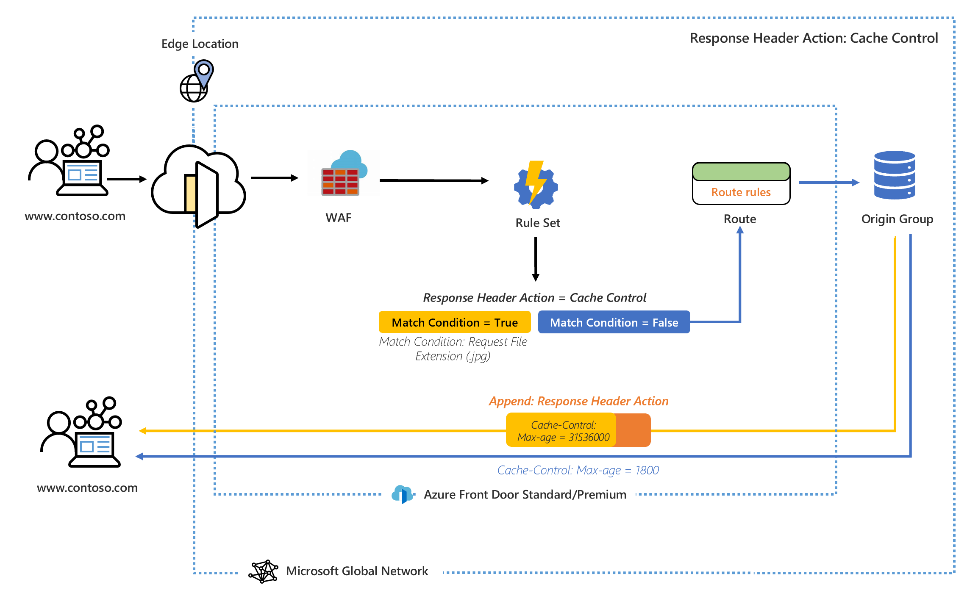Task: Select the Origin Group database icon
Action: click(x=895, y=175)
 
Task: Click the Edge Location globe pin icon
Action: click(x=197, y=81)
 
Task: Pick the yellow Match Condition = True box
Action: click(x=454, y=322)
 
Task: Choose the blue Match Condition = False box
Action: click(x=614, y=322)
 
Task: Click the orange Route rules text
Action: click(x=741, y=192)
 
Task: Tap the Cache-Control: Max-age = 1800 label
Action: click(x=578, y=470)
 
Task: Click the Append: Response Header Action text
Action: click(x=578, y=401)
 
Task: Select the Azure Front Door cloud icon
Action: click(x=402, y=494)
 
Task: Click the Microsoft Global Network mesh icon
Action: click(x=263, y=571)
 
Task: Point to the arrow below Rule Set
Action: click(x=536, y=259)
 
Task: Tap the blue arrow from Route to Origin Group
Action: click(x=828, y=183)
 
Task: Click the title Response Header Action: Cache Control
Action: click(x=814, y=38)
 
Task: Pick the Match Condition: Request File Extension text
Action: click(x=453, y=349)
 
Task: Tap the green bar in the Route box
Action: click(x=741, y=172)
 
